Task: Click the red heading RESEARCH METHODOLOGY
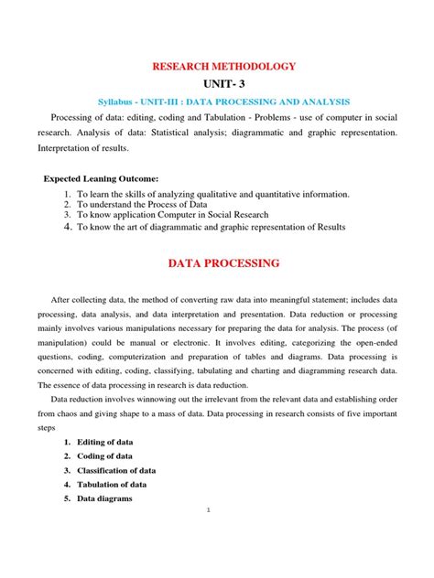coord(217,67)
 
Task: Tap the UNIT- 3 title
coord(217,84)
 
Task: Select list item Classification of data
coord(120,470)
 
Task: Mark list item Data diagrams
coord(105,498)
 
